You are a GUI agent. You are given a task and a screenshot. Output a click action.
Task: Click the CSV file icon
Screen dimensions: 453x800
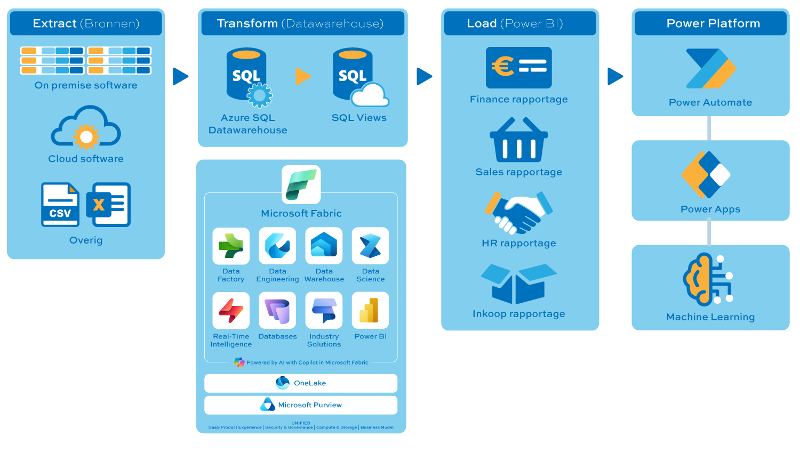click(60, 205)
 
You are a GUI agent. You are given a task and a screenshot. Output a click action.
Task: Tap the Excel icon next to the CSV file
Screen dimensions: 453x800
click(111, 205)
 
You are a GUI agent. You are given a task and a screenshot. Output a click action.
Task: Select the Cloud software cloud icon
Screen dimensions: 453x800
click(86, 127)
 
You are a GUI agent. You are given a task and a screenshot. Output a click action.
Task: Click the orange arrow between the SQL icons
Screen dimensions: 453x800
click(303, 76)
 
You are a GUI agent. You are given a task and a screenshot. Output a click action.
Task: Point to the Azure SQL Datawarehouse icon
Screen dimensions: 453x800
click(247, 76)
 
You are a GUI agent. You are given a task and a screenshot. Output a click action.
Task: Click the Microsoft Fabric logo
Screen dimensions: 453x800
click(301, 184)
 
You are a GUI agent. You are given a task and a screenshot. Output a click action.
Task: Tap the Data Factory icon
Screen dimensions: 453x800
click(231, 246)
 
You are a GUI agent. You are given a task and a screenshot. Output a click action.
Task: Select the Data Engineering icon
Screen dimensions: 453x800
click(277, 246)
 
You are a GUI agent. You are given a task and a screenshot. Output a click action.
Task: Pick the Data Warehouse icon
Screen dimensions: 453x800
click(324, 246)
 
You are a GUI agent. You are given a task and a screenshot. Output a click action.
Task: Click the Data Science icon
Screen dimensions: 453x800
click(370, 246)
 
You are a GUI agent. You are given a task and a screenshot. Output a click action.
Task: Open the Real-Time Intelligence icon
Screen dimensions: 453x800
click(231, 311)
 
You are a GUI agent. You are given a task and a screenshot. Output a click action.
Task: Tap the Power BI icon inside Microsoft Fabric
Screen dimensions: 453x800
click(370, 311)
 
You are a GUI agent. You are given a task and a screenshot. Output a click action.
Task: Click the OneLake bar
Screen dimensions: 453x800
click(301, 383)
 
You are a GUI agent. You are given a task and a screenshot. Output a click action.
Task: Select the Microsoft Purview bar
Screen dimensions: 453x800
click(301, 405)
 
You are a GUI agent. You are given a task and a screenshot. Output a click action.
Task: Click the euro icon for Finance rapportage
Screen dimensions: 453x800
click(518, 68)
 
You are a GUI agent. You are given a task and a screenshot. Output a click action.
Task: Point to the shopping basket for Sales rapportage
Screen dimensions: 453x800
click(518, 140)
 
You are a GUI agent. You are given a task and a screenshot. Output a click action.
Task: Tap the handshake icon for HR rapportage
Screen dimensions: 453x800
click(518, 212)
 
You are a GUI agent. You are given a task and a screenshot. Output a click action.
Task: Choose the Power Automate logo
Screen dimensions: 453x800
click(710, 69)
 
